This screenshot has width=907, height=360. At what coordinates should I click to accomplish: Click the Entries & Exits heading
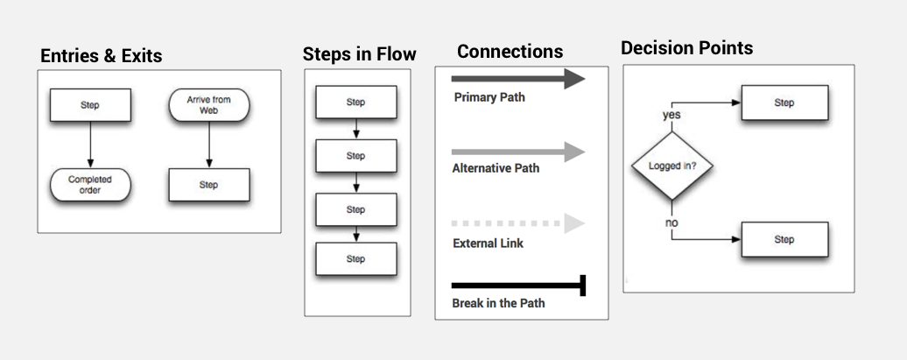[101, 56]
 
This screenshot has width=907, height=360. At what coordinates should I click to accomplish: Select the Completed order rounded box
[90, 186]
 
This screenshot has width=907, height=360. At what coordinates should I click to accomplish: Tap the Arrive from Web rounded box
[208, 106]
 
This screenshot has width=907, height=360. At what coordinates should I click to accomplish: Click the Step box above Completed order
[90, 105]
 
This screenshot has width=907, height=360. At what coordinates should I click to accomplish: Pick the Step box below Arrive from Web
[208, 185]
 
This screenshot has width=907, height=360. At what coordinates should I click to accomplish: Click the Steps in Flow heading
[359, 54]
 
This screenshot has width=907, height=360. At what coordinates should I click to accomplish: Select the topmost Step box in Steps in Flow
[355, 102]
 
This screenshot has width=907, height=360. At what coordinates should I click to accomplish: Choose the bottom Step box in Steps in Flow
[355, 258]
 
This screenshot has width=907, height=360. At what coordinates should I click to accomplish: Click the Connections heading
[510, 51]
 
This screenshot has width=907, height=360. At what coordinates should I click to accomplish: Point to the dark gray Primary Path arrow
[517, 79]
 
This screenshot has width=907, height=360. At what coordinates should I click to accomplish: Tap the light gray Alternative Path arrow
[517, 152]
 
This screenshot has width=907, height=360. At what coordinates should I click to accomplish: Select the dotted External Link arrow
[517, 223]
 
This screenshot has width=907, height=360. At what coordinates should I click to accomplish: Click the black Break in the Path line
[517, 286]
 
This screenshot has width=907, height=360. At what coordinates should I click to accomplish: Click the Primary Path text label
[489, 97]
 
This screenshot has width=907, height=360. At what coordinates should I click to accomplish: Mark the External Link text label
[488, 244]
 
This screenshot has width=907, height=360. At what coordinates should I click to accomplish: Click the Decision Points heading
[686, 48]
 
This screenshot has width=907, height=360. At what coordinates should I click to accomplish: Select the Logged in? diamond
[672, 166]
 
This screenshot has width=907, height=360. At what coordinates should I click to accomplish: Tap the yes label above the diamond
[671, 115]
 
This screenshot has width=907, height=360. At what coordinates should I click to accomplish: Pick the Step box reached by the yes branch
[784, 102]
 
